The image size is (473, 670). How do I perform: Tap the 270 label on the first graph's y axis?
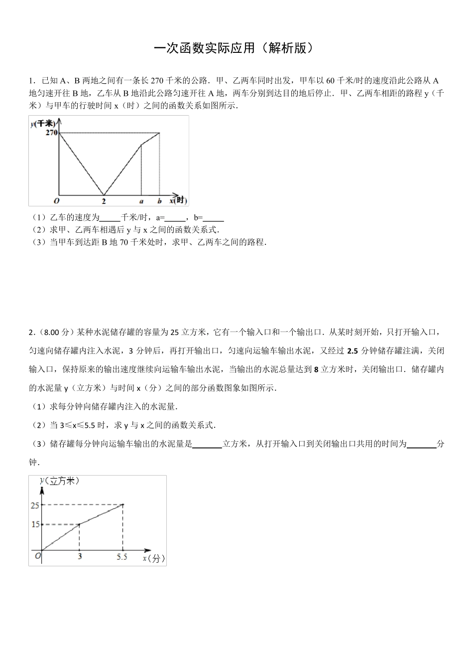point(51,133)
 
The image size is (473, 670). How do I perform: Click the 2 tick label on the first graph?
point(104,201)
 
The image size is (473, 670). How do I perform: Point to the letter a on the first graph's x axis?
point(141,201)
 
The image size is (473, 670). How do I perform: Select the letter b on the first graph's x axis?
point(159,201)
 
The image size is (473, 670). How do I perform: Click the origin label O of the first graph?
point(56,200)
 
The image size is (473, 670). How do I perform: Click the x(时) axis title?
point(178,200)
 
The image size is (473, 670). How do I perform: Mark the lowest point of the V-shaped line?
point(104,194)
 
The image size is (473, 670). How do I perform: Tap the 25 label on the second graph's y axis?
point(35,505)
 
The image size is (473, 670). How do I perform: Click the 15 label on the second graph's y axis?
point(35,524)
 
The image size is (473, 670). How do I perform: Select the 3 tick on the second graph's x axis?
point(80,557)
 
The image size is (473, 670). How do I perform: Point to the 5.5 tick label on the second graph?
point(122,557)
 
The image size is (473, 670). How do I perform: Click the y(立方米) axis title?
point(59,481)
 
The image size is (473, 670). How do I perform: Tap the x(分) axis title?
point(154,558)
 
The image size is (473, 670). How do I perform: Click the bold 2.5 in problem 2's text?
point(352,351)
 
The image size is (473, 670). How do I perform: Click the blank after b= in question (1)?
point(214,218)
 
